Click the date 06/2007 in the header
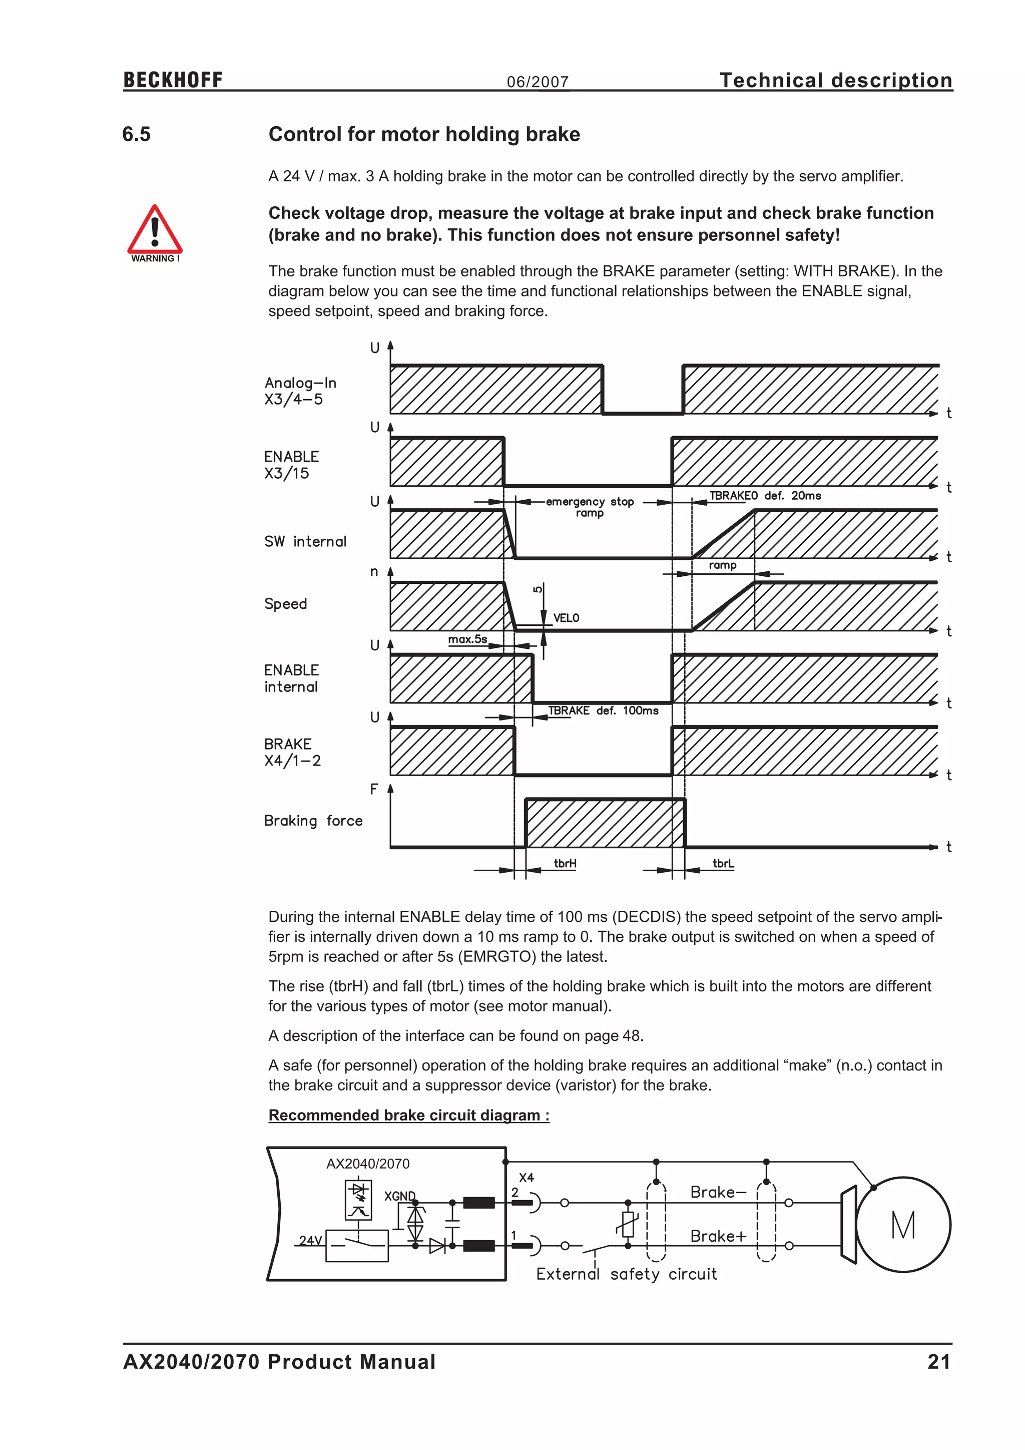(538, 82)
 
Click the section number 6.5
(136, 135)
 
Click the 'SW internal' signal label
(305, 542)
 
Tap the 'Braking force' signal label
(313, 821)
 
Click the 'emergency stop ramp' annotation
(590, 507)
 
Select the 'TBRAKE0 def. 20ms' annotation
(765, 496)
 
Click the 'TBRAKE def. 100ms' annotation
(603, 711)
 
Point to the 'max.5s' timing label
(467, 639)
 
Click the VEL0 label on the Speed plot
(566, 618)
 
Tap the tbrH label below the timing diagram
(565, 863)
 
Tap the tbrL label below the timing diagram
(723, 863)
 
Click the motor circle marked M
(903, 1225)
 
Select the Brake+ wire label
(718, 1236)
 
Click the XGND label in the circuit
(399, 1196)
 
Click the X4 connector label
(527, 1178)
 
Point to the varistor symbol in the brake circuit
(628, 1224)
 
